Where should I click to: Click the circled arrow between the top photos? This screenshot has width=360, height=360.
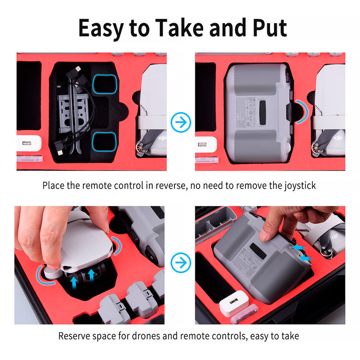pyautogui.click(x=181, y=122)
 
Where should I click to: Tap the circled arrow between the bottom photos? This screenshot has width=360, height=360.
pyautogui.click(x=181, y=263)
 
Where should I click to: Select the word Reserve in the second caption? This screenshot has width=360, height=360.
pyautogui.click(x=76, y=336)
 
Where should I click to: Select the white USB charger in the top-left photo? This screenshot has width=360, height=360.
pyautogui.click(x=29, y=143)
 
